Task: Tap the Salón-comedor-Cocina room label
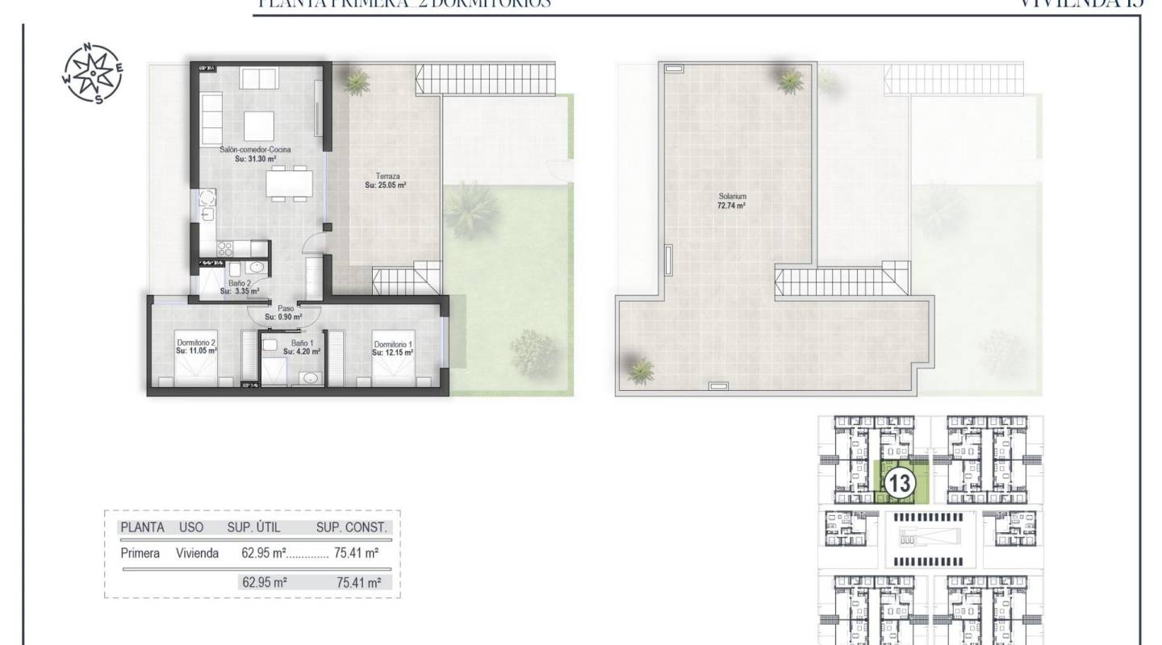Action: [x=255, y=150]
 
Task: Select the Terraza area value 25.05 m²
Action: [x=385, y=185]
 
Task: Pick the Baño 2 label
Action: [x=240, y=283]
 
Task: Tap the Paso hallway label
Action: [x=286, y=307]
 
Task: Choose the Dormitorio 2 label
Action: [x=196, y=342]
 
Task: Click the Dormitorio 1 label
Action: [x=394, y=344]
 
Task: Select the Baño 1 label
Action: [x=302, y=343]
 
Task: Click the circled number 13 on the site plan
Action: [x=898, y=484]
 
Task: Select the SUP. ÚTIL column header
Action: [x=256, y=527]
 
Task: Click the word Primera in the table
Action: [x=139, y=554]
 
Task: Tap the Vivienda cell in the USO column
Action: [x=198, y=554]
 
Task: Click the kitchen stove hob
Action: [x=225, y=248]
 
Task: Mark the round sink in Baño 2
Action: [x=257, y=267]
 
